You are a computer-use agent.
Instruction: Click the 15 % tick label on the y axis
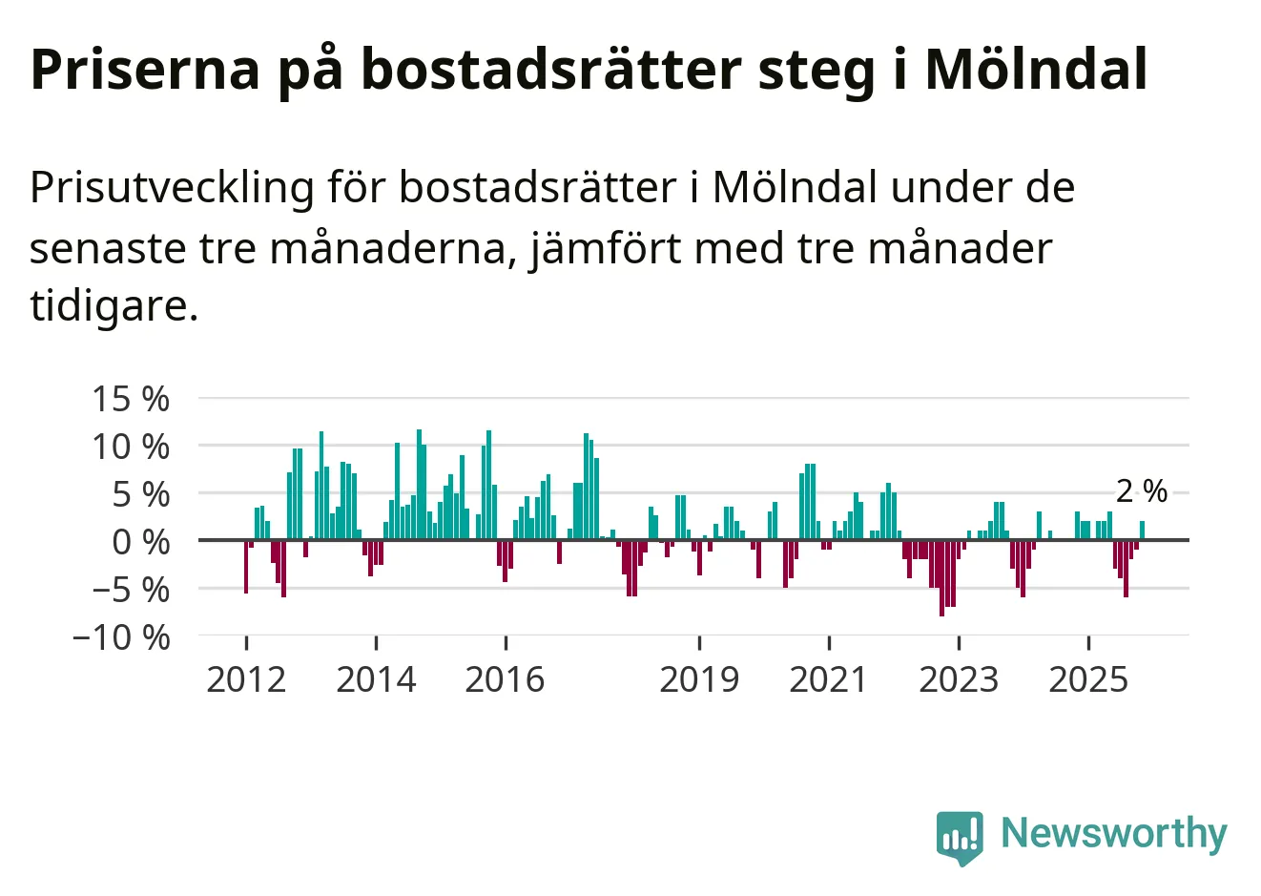point(131,399)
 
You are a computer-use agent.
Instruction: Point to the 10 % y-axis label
point(131,447)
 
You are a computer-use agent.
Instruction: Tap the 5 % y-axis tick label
point(140,494)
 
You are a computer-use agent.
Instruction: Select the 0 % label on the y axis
point(140,542)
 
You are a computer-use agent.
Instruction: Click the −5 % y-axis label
point(131,590)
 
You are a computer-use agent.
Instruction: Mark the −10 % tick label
point(121,637)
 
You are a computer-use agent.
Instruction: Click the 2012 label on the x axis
point(246,679)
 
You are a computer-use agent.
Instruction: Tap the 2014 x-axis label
point(376,679)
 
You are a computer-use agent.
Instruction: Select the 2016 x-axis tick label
point(506,679)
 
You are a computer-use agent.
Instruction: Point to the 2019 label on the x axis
point(699,679)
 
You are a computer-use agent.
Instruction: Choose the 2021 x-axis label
point(829,679)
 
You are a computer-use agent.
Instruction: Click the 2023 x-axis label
point(959,679)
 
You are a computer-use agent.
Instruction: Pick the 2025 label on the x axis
point(1088,679)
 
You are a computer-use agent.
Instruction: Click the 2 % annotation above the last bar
point(1142,491)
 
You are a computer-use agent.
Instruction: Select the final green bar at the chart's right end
point(1142,531)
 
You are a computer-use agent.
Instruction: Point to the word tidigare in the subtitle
point(114,306)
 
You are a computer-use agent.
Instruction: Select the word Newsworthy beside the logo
point(1113,833)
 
